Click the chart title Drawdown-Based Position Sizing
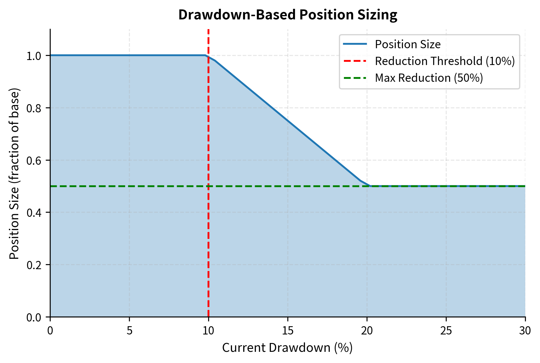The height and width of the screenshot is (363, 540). tap(288, 15)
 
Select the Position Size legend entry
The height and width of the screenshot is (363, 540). tap(408, 44)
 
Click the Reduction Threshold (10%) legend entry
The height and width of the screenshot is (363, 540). tap(445, 61)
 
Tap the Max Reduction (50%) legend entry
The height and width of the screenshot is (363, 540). tap(429, 78)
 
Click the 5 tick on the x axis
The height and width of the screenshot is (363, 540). tap(129, 331)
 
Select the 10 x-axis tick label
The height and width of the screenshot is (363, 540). tap(208, 331)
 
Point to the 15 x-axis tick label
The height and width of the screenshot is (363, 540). tap(288, 331)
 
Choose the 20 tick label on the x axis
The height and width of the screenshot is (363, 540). tap(367, 331)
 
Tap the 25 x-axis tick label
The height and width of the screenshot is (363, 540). tap(446, 331)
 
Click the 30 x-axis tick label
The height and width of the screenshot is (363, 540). tap(525, 331)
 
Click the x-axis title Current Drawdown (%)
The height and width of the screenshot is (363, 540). tap(287, 348)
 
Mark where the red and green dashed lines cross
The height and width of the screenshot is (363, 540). tap(208, 186)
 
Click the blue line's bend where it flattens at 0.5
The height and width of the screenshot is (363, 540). tap(370, 186)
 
